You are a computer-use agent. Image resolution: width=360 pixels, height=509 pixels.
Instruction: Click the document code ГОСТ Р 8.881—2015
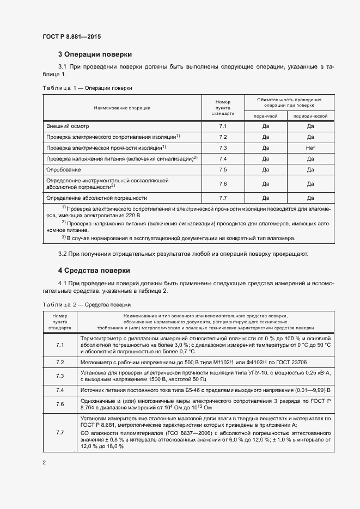[72, 37]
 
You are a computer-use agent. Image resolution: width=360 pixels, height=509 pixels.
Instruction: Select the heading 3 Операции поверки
[94, 54]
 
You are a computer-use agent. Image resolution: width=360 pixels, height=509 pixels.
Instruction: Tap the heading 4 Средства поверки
[94, 270]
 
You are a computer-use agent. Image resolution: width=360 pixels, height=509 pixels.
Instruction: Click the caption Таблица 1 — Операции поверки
[87, 88]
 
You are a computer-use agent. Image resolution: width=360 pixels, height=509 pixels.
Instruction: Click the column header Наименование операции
[122, 108]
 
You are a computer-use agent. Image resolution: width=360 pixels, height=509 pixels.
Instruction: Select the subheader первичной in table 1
[266, 116]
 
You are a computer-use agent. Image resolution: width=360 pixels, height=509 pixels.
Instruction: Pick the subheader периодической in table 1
[310, 116]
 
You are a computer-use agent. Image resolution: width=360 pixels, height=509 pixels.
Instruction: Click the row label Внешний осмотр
[67, 126]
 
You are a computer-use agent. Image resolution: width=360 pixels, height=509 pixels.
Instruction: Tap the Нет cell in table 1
[310, 148]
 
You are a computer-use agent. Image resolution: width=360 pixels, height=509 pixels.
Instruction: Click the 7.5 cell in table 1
[223, 170]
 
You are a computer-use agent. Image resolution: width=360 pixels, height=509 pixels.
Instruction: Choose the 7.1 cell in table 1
[223, 126]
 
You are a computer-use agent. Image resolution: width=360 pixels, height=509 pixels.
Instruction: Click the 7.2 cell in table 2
[60, 362]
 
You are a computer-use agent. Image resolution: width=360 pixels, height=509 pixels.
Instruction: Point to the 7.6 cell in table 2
[60, 404]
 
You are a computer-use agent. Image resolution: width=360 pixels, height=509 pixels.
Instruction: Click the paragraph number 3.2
[62, 254]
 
